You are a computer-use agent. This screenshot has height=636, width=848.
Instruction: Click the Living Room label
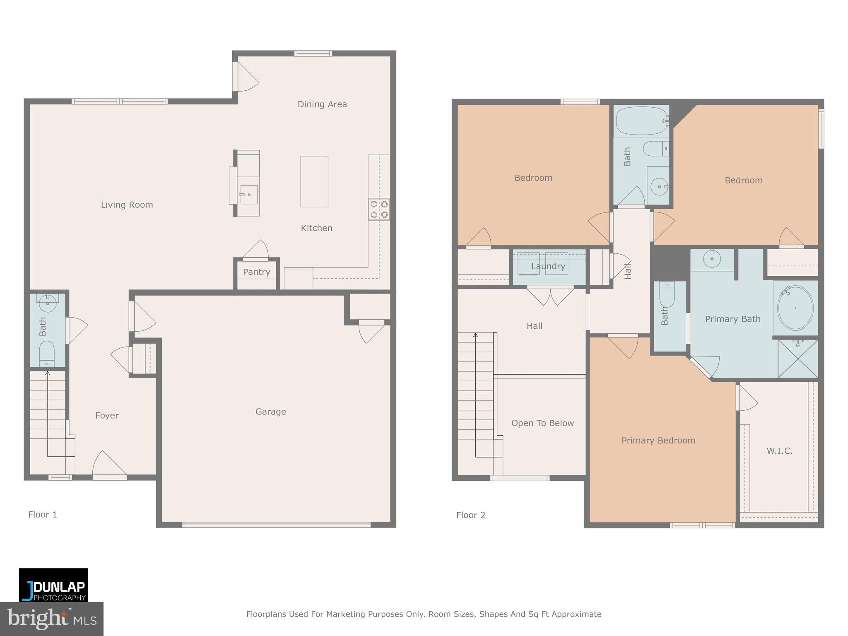[x=127, y=205]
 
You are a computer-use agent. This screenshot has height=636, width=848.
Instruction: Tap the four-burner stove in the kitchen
[x=379, y=209]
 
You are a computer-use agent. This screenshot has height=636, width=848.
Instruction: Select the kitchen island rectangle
[x=314, y=181]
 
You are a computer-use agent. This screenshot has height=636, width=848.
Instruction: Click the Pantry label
[x=256, y=272]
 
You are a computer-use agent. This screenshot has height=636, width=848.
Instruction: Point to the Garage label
[x=270, y=412]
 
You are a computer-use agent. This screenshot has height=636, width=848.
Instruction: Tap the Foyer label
[x=107, y=415]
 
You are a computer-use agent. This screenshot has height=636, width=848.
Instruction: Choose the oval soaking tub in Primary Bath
[x=795, y=308]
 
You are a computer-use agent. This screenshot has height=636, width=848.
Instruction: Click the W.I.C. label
[x=779, y=451]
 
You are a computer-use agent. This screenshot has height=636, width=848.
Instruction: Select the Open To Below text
[x=542, y=423]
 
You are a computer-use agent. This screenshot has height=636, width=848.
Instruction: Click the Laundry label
[x=548, y=266]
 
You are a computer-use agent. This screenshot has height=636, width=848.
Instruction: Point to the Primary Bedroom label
[x=658, y=441]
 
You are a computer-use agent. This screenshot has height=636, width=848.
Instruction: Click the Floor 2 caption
[x=470, y=515]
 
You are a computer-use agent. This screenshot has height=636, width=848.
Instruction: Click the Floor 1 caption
[x=43, y=514]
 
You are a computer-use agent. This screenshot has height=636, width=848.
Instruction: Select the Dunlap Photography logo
[x=53, y=585]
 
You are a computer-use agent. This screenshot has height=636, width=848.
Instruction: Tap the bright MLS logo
[x=51, y=619]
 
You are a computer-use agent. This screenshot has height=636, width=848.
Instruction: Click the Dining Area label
[x=322, y=104]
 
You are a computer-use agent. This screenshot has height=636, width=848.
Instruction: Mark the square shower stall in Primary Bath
[x=798, y=359]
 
